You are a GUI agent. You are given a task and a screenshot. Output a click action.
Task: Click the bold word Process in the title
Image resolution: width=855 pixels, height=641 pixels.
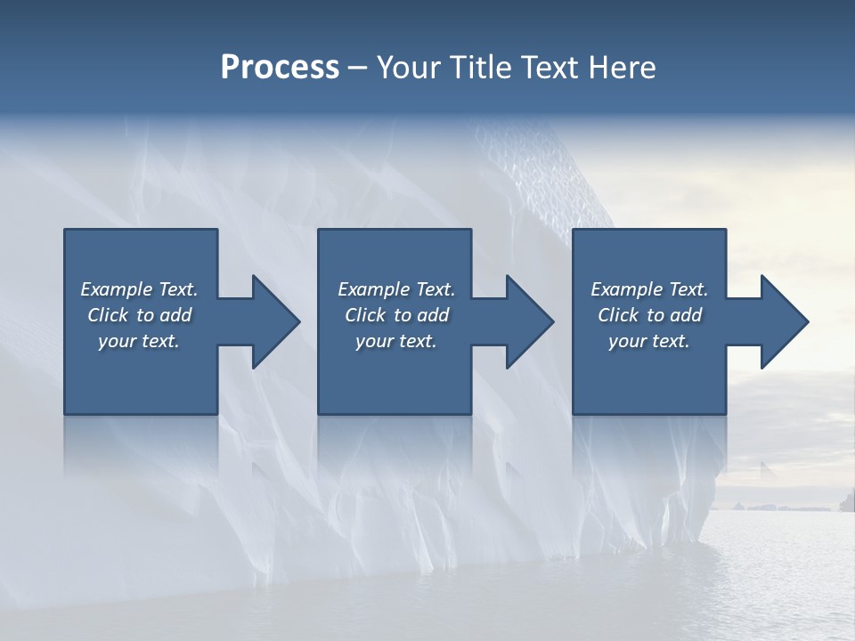tap(280, 67)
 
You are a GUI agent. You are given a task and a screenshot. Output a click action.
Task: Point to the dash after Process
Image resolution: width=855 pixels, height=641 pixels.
tap(358, 68)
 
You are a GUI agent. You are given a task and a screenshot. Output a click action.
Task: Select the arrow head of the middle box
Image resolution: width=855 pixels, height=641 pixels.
tap(529, 321)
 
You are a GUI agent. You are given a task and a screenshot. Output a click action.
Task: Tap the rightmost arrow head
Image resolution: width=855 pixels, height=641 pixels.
tap(783, 321)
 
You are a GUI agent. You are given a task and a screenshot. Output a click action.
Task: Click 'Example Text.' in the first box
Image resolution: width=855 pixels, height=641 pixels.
tap(139, 289)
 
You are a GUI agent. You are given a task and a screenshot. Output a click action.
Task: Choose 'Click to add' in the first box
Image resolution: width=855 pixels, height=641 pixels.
tap(139, 315)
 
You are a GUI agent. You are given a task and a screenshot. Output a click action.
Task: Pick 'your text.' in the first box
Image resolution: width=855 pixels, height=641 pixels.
tap(139, 341)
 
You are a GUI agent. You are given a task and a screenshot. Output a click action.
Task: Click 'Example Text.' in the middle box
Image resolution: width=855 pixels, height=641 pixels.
tap(396, 289)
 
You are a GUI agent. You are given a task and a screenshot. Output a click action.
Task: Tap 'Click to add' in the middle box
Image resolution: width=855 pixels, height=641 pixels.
tap(396, 315)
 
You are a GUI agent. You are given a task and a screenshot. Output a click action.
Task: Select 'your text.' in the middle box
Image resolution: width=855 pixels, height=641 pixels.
tap(396, 341)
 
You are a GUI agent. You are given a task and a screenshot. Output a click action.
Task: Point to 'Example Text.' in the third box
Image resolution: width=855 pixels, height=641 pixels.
tap(649, 289)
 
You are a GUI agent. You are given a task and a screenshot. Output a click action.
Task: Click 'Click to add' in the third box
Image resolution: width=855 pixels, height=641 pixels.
tap(649, 315)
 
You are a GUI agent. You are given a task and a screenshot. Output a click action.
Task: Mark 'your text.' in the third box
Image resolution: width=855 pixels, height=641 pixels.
tap(649, 341)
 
